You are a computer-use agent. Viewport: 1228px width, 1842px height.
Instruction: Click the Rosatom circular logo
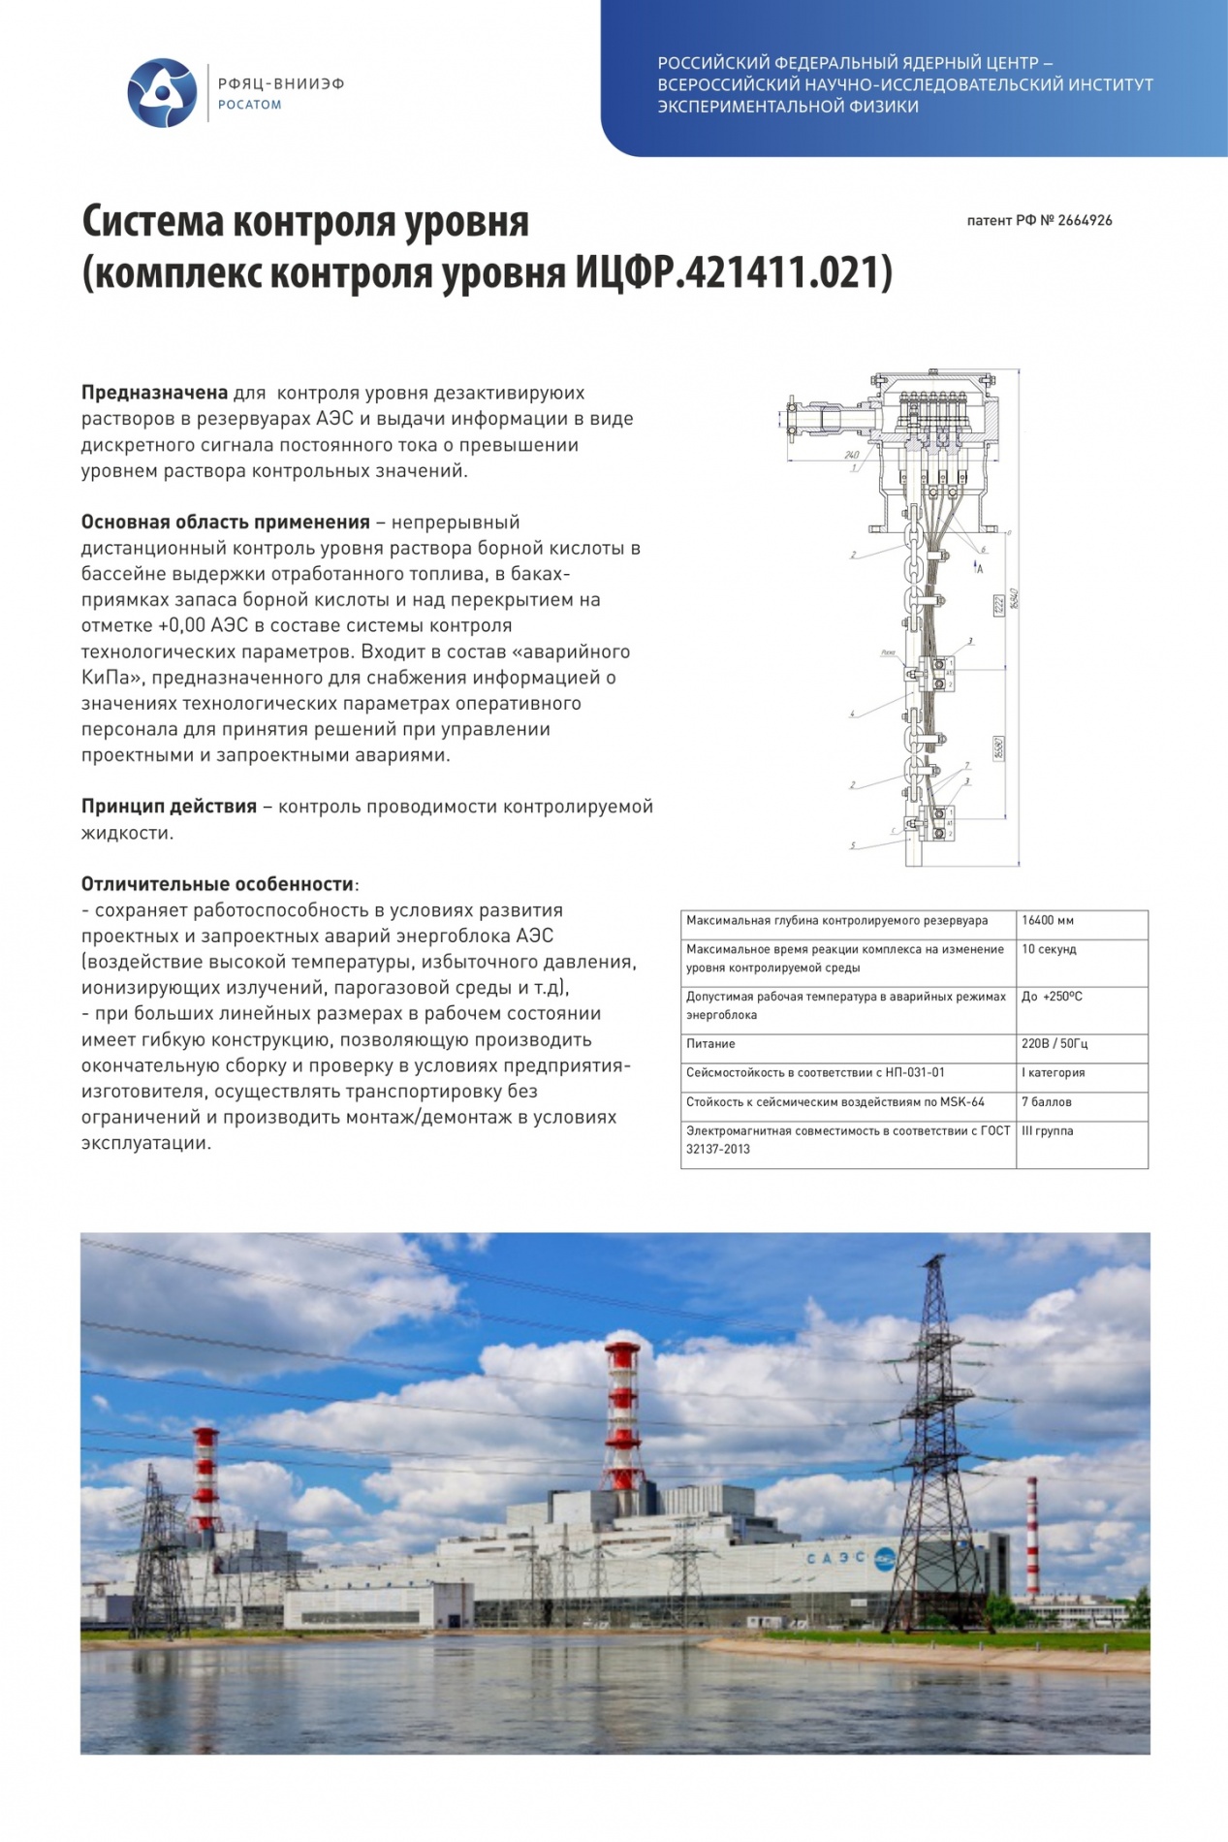click(x=162, y=93)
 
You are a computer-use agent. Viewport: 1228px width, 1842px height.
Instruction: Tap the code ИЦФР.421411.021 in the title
click(x=734, y=272)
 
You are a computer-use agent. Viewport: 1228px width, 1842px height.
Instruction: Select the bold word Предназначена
click(x=154, y=393)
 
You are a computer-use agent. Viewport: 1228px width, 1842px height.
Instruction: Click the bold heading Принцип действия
click(x=169, y=807)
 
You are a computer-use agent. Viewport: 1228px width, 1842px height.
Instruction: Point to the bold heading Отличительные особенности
click(x=217, y=884)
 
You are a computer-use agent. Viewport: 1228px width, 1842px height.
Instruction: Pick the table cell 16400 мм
click(x=1048, y=921)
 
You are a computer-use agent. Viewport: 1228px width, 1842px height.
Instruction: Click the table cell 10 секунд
click(x=1049, y=949)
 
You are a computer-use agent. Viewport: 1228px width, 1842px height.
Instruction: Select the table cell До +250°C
click(x=1052, y=997)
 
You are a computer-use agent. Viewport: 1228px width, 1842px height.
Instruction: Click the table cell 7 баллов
click(x=1048, y=1102)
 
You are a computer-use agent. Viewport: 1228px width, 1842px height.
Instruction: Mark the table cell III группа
click(x=1047, y=1131)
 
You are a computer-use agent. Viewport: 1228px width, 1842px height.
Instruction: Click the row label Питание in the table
click(x=710, y=1044)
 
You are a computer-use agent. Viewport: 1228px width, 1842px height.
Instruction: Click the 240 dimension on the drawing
click(x=851, y=455)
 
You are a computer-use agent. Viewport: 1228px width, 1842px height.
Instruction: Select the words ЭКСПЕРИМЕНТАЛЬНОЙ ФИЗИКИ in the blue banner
click(x=788, y=107)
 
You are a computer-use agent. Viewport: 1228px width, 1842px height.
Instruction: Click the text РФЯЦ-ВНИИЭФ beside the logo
click(x=281, y=84)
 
